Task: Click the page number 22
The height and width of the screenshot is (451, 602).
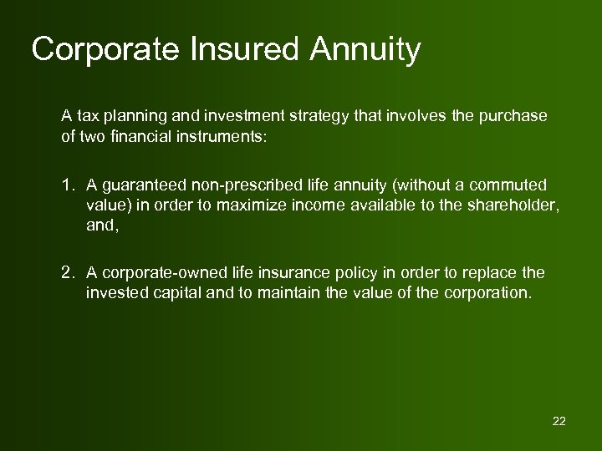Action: [x=559, y=421]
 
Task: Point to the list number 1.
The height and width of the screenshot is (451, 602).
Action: [x=69, y=184]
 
